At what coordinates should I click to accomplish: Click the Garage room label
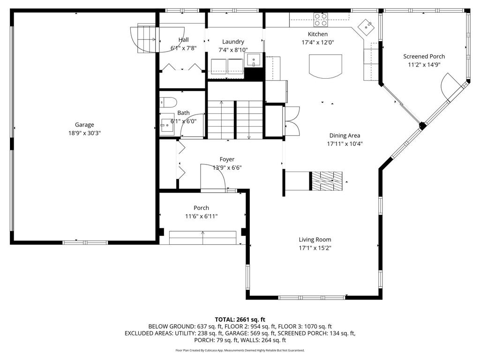(x=84, y=125)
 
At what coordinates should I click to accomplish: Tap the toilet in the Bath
(x=167, y=103)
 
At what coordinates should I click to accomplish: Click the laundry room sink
(x=253, y=60)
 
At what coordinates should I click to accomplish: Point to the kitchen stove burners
(x=321, y=19)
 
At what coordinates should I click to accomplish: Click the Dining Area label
(x=345, y=135)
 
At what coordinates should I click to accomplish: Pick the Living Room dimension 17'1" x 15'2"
(x=318, y=248)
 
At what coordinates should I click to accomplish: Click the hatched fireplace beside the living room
(x=327, y=181)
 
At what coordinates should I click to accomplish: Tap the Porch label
(x=201, y=208)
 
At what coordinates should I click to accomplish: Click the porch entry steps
(x=202, y=238)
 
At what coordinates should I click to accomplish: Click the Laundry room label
(x=233, y=42)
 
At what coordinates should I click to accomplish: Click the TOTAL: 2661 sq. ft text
(x=240, y=319)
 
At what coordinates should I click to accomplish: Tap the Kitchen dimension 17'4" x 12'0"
(x=317, y=42)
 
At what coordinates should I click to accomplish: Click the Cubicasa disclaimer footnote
(x=240, y=350)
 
